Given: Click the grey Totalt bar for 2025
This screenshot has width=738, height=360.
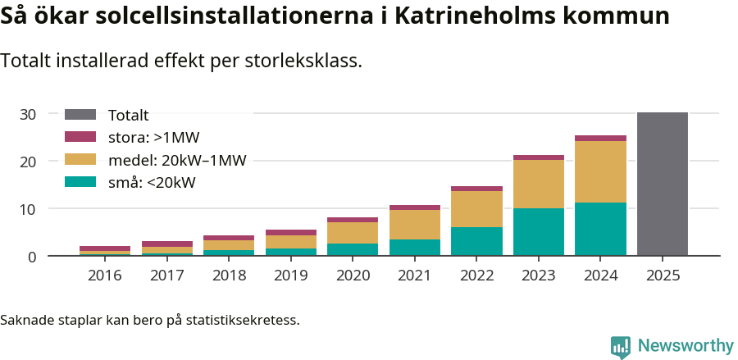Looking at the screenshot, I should click(662, 184).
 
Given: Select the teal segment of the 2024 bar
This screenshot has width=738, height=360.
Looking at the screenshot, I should click(600, 229).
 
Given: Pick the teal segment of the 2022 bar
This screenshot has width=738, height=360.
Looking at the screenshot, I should click(476, 241).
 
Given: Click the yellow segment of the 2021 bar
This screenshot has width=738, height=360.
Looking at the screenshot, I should click(415, 224).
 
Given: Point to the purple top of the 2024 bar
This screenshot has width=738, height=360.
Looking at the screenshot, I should click(600, 139).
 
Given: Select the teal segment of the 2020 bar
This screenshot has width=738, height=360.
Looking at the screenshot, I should click(353, 249).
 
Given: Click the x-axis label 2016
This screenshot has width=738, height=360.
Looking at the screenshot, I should click(105, 275).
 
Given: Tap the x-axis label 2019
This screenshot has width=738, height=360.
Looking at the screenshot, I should click(290, 275).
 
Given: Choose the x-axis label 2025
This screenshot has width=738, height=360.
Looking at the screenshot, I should click(662, 275).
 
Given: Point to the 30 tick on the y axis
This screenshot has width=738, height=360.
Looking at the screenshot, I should click(28, 114).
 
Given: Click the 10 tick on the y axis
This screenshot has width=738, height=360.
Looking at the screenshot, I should click(28, 209).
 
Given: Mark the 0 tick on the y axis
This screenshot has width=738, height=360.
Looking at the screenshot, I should click(32, 257).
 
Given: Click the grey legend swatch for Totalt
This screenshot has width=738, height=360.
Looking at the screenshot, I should click(80, 115).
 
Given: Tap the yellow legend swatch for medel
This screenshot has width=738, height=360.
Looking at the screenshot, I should click(80, 160).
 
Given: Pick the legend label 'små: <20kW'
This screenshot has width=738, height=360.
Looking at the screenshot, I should click(152, 182).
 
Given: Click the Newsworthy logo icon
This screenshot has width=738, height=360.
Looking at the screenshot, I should click(621, 346).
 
